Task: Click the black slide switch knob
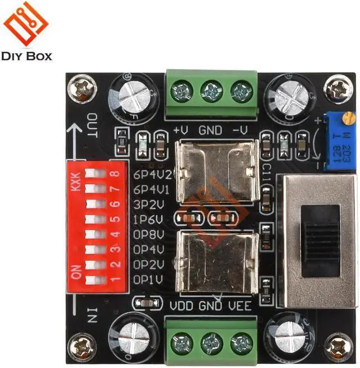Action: tap(321, 242)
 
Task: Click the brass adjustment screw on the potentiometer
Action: tap(349, 119)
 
